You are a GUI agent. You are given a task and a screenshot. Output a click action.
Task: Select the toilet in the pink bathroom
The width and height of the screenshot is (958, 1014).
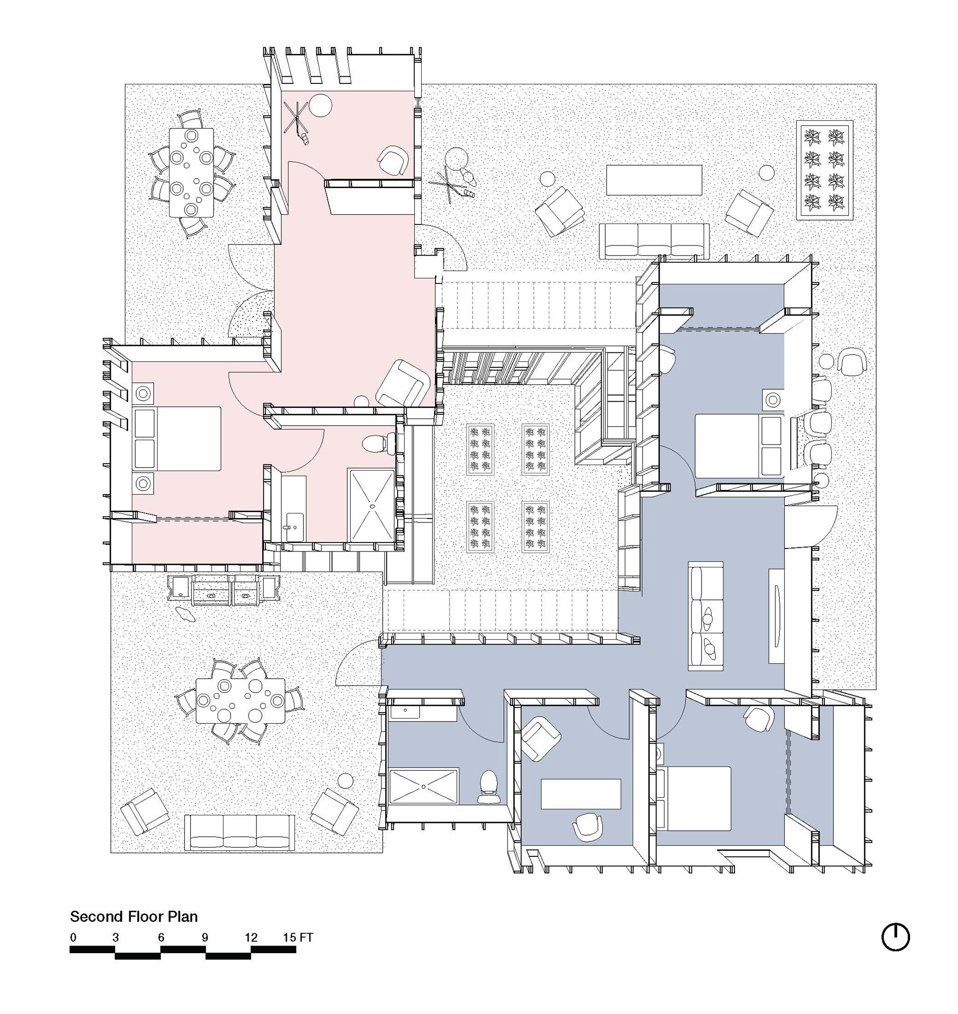[377, 443]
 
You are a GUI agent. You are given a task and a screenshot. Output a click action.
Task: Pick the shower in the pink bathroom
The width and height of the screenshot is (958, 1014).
[371, 505]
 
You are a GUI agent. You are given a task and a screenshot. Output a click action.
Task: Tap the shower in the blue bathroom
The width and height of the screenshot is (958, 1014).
[424, 786]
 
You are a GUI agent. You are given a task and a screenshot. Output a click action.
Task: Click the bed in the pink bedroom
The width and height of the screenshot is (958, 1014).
[177, 438]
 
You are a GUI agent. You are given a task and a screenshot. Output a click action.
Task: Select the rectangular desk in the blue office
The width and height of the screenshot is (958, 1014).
[581, 794]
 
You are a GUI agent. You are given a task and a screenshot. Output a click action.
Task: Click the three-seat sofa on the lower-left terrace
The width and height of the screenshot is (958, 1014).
[239, 833]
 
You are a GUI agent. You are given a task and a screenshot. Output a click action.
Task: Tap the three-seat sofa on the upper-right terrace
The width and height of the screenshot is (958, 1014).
[654, 240]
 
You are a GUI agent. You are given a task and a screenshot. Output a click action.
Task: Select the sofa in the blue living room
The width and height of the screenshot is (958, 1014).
[706, 616]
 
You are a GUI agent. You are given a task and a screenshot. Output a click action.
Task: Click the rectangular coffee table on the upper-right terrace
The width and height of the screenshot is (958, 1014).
[654, 180]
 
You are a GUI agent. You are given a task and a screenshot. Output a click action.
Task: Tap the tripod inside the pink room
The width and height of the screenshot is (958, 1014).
[297, 121]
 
